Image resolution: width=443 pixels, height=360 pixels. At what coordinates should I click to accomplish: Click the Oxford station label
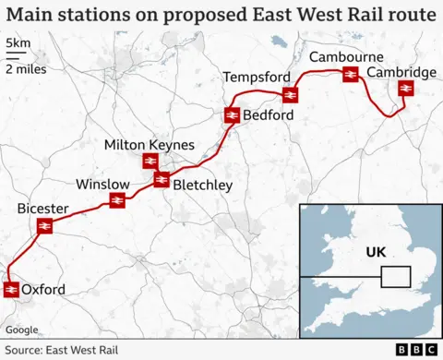coord(43,290)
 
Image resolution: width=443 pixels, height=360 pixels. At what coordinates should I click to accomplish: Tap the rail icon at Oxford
coord(11,290)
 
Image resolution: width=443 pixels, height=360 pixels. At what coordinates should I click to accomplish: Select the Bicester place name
coord(42,210)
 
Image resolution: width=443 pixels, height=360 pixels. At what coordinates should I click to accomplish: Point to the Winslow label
coord(102,183)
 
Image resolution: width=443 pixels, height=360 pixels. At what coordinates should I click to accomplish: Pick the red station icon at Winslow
coord(117,199)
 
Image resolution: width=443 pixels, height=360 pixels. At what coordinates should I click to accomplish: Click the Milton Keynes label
coord(150,145)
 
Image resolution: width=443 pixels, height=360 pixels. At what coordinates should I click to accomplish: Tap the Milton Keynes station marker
coord(150,162)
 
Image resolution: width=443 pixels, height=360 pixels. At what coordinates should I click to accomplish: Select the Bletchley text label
coord(203,186)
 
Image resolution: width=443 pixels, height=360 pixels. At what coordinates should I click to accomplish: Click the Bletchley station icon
coord(162,180)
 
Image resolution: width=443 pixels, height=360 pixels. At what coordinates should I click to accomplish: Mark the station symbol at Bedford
coord(232,115)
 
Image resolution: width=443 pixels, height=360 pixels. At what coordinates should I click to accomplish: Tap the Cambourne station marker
coord(350,75)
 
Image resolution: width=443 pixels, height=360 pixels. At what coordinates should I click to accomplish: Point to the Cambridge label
coord(401,72)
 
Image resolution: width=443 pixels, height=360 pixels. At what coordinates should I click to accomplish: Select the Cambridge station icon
coord(404,89)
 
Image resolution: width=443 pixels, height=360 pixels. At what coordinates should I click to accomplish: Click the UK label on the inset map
coord(377,252)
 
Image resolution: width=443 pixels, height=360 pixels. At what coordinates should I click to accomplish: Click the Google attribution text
coord(21,330)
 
